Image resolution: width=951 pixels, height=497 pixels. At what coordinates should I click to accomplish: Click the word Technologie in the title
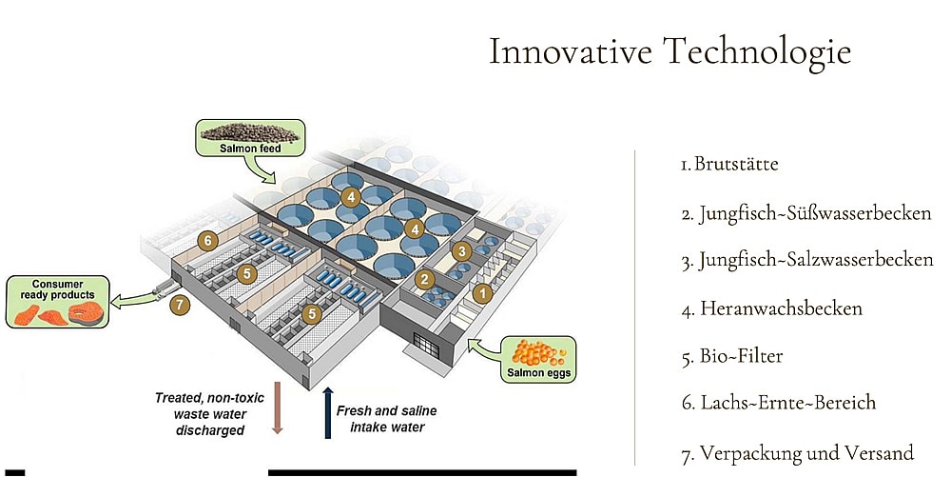click(757, 51)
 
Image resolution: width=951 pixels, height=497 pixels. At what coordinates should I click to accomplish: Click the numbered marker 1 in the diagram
click(483, 294)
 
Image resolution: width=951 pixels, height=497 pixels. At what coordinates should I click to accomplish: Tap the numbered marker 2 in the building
click(424, 279)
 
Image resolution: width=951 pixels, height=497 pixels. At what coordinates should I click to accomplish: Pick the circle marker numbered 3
click(462, 250)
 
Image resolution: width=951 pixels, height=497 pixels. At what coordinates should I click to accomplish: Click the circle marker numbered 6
click(208, 241)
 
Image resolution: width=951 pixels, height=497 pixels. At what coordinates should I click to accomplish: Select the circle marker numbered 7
click(180, 304)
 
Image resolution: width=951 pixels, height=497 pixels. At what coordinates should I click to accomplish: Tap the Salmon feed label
click(250, 149)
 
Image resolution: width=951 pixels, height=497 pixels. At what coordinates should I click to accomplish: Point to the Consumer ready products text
click(58, 289)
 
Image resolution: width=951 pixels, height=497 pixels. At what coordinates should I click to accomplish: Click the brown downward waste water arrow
click(277, 408)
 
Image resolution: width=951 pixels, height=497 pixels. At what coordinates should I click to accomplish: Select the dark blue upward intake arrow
click(328, 412)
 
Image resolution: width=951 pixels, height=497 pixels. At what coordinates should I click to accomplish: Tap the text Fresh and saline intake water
click(387, 419)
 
